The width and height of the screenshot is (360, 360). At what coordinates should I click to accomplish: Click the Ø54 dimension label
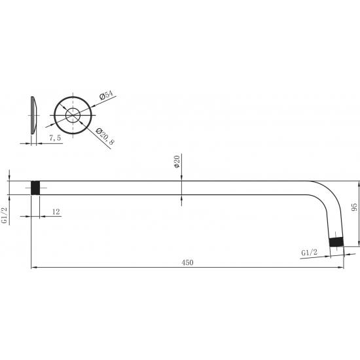click(x=105, y=96)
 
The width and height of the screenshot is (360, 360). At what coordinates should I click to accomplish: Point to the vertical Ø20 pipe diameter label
click(x=177, y=162)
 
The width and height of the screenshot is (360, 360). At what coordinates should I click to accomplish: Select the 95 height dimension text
click(x=354, y=208)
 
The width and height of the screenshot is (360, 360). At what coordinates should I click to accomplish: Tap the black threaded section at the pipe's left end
click(x=37, y=187)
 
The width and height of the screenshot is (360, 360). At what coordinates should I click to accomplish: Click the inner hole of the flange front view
click(x=73, y=116)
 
